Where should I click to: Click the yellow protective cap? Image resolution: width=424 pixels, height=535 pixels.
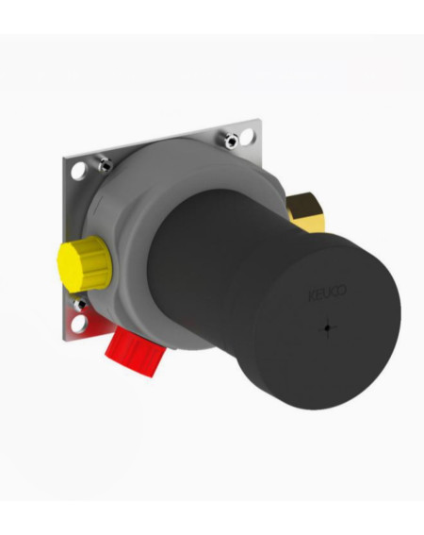coord(84,263)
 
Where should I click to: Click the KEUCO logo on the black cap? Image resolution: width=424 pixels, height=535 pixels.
coord(327,293)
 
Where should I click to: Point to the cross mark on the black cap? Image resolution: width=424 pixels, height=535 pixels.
coord(327,328)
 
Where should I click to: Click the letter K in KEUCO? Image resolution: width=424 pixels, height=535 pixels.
coord(312,296)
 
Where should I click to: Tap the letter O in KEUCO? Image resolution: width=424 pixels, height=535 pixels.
coord(342,291)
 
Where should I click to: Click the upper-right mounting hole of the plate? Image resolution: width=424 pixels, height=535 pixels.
coord(247,136)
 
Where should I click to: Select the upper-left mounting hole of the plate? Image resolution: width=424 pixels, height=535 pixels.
coord(79,170)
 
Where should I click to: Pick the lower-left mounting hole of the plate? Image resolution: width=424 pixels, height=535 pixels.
coord(79,323)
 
